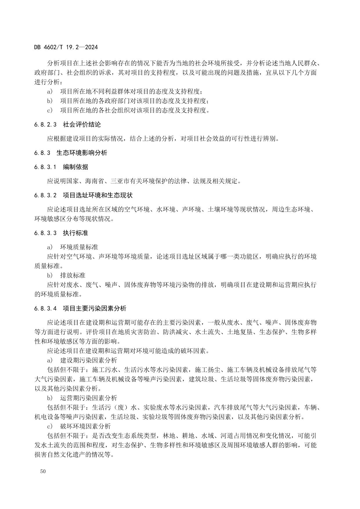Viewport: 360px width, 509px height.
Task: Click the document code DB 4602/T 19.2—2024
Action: point(66,47)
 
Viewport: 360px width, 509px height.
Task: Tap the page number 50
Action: point(43,471)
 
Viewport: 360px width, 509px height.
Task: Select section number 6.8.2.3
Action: point(45,125)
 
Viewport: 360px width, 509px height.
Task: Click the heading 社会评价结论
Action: point(82,125)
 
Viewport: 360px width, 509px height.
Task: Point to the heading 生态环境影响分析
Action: point(82,153)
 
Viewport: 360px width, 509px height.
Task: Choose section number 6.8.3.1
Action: point(45,167)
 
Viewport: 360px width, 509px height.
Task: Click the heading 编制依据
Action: point(75,167)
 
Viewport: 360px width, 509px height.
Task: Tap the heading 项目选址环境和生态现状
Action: point(98,195)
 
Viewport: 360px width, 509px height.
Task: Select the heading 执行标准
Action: point(75,233)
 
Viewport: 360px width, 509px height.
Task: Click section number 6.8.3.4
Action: point(45,308)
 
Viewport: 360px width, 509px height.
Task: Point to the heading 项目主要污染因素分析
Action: point(95,308)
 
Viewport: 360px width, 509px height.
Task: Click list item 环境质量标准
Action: point(79,247)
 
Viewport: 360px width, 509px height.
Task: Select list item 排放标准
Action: point(73,275)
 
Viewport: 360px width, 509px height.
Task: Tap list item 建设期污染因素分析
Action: point(88,360)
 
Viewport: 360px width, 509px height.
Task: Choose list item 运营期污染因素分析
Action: point(88,398)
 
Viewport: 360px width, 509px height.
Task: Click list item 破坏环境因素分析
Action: point(85,426)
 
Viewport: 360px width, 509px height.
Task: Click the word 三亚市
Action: point(120,181)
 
